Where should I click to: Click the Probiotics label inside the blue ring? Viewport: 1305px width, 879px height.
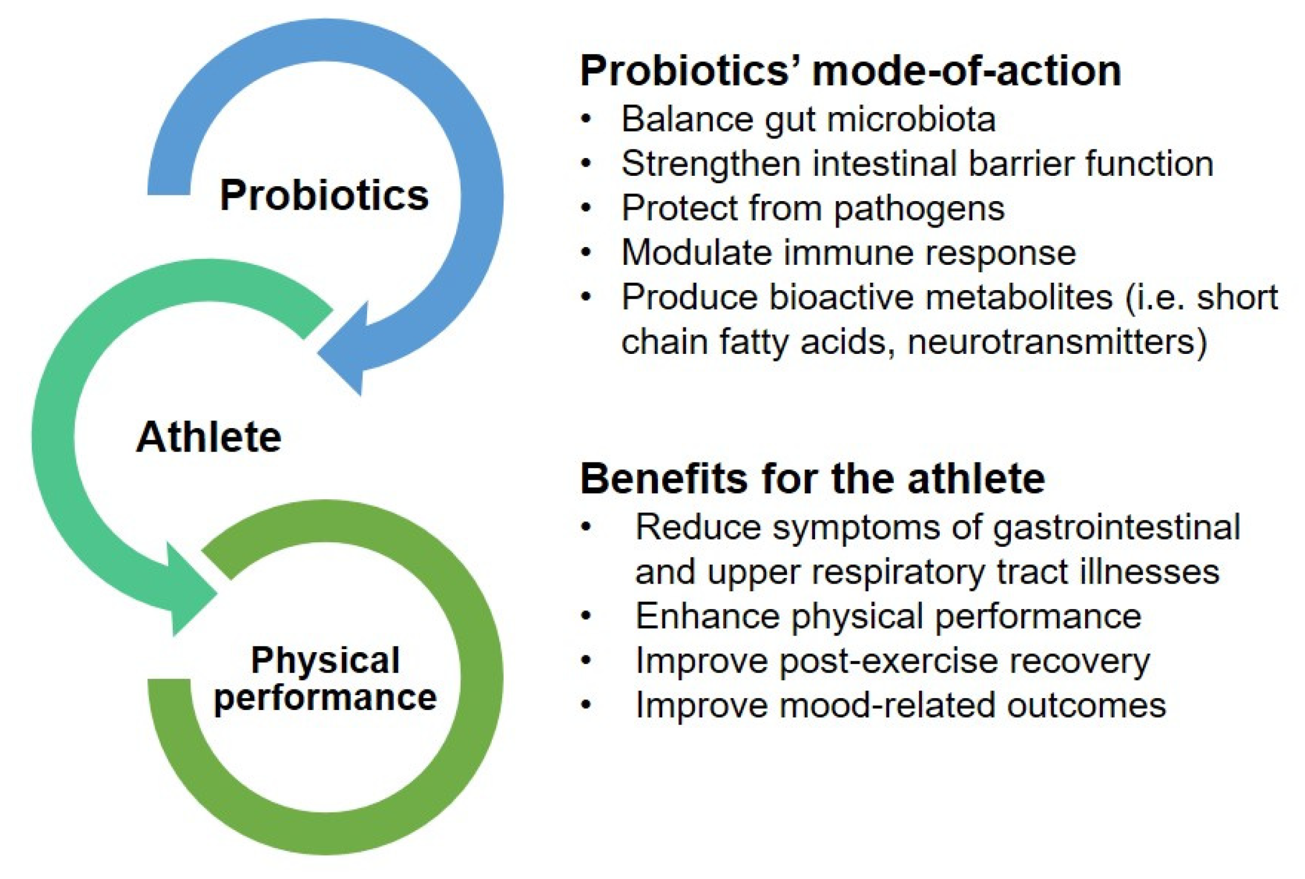point(325,195)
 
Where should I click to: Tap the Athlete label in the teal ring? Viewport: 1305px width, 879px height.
point(209,437)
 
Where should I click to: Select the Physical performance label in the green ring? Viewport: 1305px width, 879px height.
point(326,679)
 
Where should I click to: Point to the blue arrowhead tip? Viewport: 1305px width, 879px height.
point(361,395)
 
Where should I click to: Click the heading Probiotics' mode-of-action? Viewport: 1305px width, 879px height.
point(851,71)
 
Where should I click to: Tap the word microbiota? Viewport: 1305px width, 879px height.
point(911,119)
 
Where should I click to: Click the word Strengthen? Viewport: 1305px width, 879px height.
point(711,164)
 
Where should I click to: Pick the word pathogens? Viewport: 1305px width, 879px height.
point(919,209)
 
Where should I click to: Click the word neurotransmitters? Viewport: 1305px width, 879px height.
point(1057,342)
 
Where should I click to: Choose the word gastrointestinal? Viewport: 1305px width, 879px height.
point(1117,528)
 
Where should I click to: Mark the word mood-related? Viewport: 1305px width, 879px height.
point(888,705)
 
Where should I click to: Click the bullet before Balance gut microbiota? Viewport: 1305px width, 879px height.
point(586,119)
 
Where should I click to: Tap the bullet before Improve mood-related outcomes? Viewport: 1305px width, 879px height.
point(586,706)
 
